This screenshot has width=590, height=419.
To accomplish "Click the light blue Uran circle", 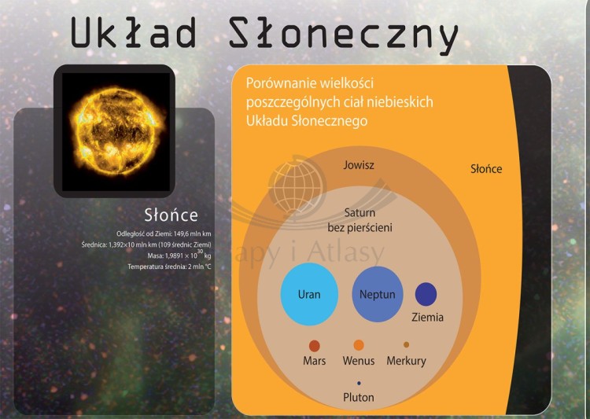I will [309, 296].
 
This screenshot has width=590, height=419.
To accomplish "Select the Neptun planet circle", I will [378, 295].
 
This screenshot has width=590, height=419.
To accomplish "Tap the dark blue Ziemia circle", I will [426, 294].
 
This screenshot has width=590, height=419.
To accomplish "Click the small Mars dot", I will [315, 345].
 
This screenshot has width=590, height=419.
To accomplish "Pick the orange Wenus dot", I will [359, 344].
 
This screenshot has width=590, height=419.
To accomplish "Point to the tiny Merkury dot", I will [406, 344].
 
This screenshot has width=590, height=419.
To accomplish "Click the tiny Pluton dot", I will [359, 383].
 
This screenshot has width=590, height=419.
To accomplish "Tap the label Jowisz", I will [359, 166].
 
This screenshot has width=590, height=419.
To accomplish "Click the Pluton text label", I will [359, 397].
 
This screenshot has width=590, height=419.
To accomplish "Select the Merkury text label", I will [406, 361].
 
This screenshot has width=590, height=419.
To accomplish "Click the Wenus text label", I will [359, 361].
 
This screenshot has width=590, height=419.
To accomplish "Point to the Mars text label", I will [315, 361].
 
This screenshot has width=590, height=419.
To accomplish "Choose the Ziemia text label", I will [428, 318].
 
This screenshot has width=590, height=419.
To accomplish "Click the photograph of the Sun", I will [113, 130].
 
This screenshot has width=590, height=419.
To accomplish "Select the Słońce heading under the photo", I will [171, 215].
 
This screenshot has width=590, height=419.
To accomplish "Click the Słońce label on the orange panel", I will [486, 169].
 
